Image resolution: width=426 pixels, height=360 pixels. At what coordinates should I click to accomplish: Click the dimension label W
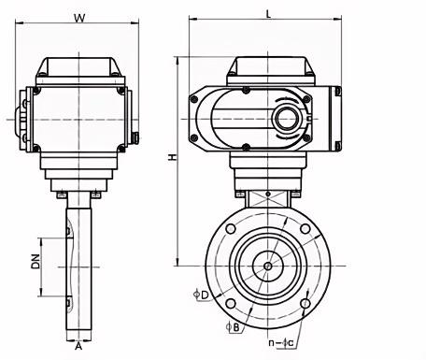[79, 18]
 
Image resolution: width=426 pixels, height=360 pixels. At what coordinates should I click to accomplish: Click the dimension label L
[268, 14]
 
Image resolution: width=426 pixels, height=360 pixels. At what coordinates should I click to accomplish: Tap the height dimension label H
[172, 157]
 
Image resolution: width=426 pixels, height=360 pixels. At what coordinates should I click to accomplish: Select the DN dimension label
[35, 261]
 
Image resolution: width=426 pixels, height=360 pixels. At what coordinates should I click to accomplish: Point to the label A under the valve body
[78, 346]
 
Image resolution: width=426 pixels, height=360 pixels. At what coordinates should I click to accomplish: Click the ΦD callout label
[201, 295]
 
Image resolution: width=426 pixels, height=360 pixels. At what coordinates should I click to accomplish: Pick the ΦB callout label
[233, 327]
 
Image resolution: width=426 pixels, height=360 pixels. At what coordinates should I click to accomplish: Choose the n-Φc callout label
[281, 343]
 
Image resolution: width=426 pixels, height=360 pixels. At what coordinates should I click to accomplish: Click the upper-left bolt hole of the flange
[231, 229]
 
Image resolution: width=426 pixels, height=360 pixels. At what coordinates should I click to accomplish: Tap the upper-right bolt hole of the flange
[305, 229]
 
